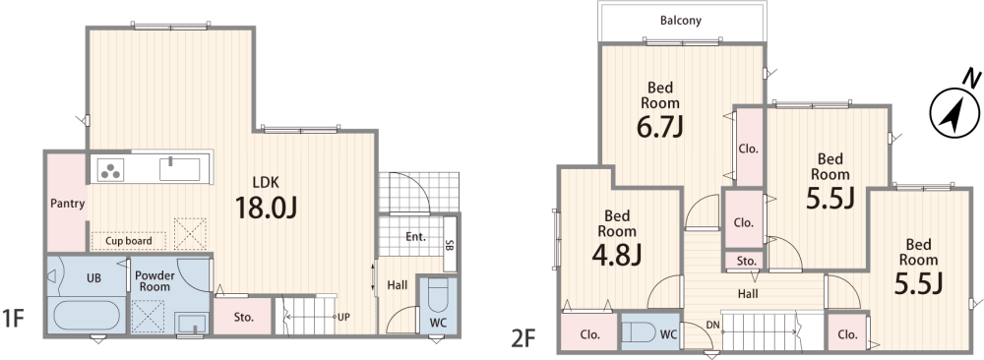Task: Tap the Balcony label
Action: tap(680, 20)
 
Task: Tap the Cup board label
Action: tap(129, 241)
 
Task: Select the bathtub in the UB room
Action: tap(86, 315)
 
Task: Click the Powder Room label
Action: tap(154, 281)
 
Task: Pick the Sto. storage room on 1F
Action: tap(243, 316)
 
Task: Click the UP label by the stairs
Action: tap(343, 317)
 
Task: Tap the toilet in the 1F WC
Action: tap(438, 297)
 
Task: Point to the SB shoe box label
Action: tap(450, 244)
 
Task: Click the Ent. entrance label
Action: tap(415, 236)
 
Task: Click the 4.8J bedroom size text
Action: tap(616, 255)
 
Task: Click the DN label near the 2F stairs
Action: tap(712, 325)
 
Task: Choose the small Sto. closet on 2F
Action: tap(747, 261)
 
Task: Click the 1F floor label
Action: tap(13, 319)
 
